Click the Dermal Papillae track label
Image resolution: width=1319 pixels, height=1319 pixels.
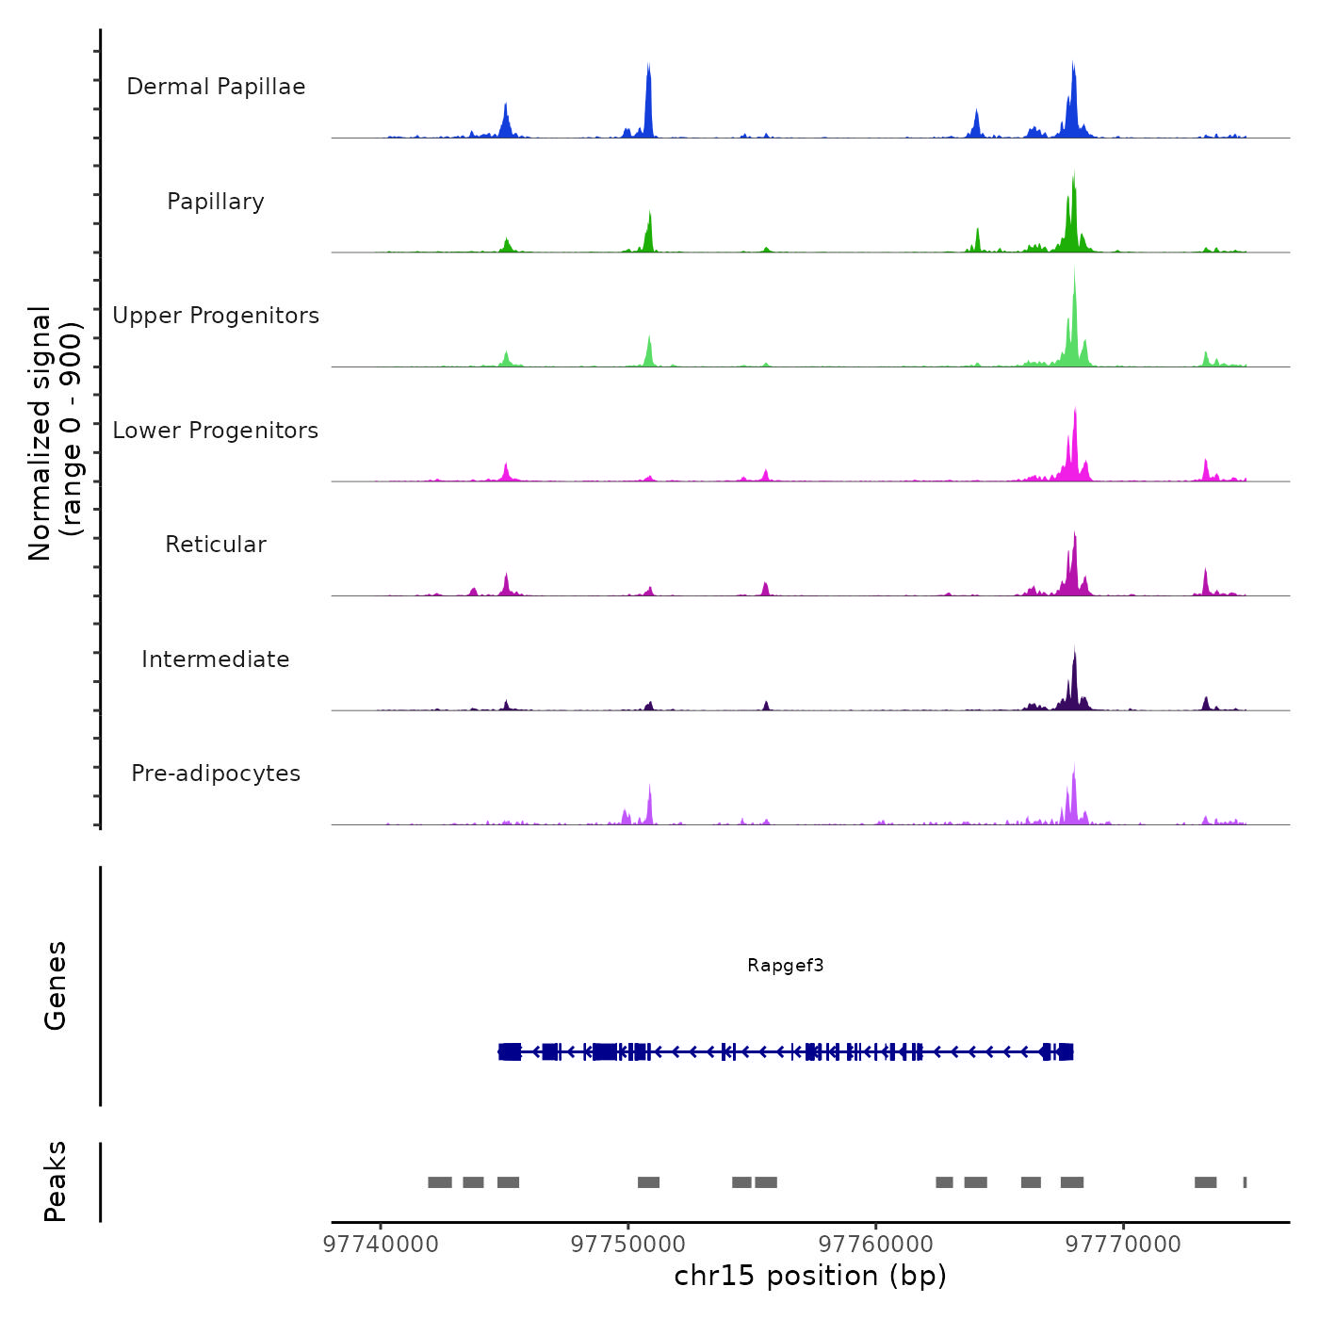(216, 87)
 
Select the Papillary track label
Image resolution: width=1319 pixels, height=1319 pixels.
(216, 202)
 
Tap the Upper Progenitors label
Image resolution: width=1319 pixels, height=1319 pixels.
(216, 316)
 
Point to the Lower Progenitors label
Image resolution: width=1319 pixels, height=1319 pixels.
(216, 431)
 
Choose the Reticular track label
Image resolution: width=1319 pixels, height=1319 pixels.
(216, 545)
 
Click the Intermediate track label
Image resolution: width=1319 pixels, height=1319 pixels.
(216, 659)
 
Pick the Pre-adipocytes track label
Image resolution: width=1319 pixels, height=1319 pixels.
(216, 773)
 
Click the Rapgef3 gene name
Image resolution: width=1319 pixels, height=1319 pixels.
(785, 965)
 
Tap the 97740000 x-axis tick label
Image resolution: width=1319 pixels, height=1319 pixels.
(381, 1245)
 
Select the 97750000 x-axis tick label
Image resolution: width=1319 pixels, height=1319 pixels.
(628, 1245)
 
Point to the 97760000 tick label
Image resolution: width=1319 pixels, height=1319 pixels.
(876, 1245)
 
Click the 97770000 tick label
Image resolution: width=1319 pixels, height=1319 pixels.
(1123, 1245)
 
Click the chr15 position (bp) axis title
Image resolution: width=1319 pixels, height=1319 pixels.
(810, 1276)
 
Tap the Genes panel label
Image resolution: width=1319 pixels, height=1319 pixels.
(56, 985)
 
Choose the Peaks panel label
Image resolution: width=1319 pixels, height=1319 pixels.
(56, 1181)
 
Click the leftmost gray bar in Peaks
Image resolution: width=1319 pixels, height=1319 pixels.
(440, 1182)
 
